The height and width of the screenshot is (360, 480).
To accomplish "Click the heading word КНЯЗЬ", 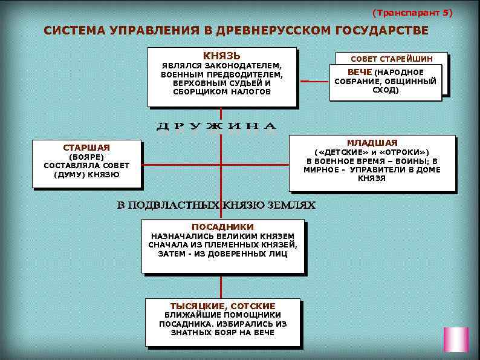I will point(221,56).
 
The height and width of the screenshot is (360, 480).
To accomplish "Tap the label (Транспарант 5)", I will point(412,12).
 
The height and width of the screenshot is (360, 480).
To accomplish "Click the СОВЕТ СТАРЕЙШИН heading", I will point(392,59).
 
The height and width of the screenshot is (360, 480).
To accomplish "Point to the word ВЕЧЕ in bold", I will point(360,73).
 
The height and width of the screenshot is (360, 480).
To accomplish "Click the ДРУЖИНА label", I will point(216,126).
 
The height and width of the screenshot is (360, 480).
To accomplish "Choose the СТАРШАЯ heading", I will point(86,147).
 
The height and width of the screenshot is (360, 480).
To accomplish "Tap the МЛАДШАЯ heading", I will point(372,142).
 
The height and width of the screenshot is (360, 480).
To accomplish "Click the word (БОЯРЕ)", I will point(86,157).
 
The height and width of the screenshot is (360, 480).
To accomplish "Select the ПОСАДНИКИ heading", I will point(222,226).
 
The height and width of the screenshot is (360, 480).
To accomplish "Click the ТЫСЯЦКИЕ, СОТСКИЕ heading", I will point(222,306).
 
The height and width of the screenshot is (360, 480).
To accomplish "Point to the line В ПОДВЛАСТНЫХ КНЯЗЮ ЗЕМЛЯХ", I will point(216,205).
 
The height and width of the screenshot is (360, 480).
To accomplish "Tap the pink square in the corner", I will point(456,339).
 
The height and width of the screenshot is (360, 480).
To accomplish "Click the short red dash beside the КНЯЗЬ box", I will point(305,80).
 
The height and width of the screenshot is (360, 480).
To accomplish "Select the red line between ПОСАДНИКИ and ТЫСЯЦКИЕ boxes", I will point(221,286).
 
